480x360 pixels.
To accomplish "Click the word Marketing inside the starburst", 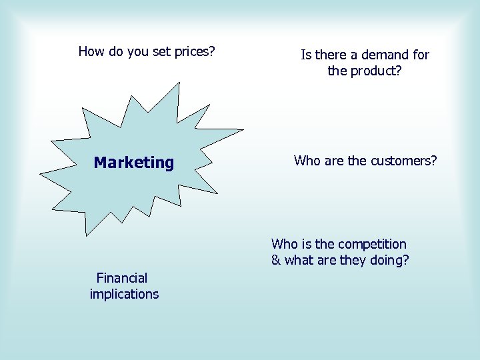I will coord(134,163).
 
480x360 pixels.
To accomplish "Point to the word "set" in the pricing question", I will coord(162,51).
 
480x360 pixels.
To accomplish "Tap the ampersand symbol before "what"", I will coord(276,260).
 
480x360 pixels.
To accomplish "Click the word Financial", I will coord(122,278).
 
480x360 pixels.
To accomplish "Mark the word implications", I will coord(124,294).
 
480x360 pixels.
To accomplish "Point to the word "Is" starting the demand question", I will coord(306,55).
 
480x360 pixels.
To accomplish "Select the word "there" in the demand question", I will coord(329,55).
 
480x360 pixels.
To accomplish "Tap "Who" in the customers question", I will coord(307,161).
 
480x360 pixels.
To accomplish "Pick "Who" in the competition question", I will coord(284,244).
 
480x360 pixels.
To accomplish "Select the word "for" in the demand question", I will coord(420,55).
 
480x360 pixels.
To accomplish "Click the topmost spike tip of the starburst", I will coord(179,83).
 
